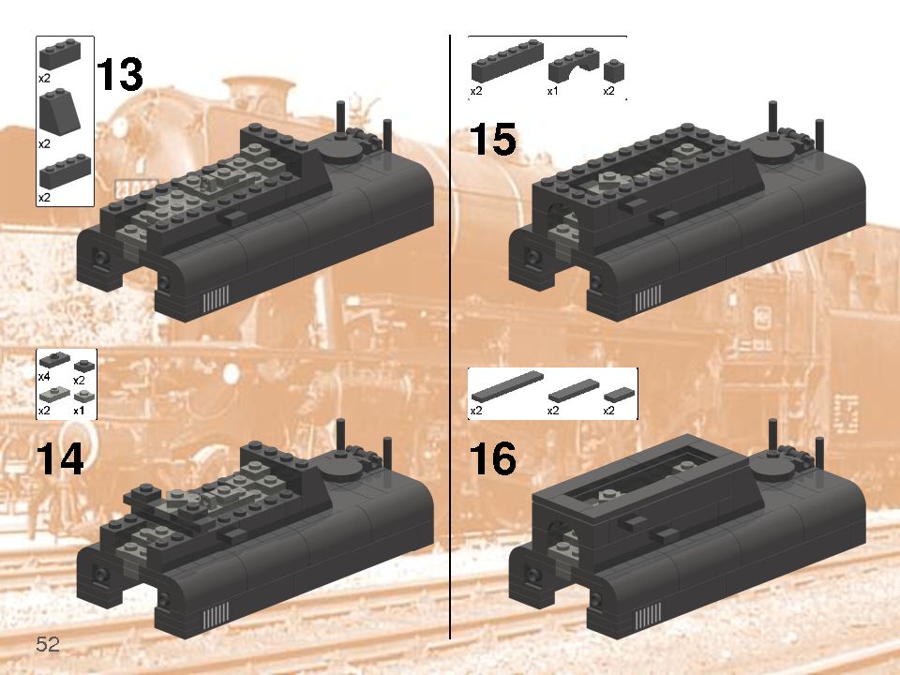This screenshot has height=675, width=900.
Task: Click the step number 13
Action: [x=119, y=75]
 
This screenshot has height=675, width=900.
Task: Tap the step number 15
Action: [x=492, y=141]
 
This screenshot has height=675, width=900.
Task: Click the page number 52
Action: [x=48, y=644]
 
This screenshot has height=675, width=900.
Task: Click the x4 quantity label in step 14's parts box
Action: [x=44, y=376]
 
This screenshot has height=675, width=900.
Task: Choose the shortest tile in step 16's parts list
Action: [x=619, y=395]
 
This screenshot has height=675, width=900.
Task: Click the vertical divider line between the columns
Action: [x=450, y=337]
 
